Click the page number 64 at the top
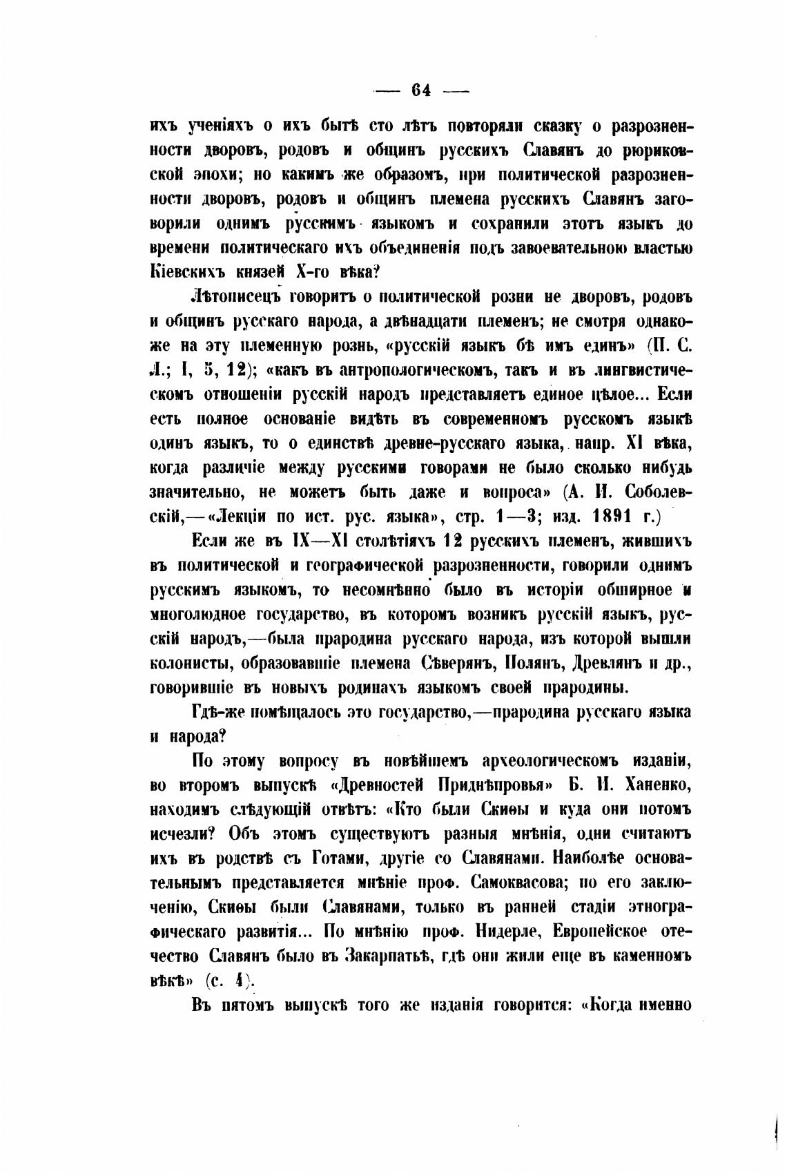coord(420,90)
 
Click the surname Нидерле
coord(509,932)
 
